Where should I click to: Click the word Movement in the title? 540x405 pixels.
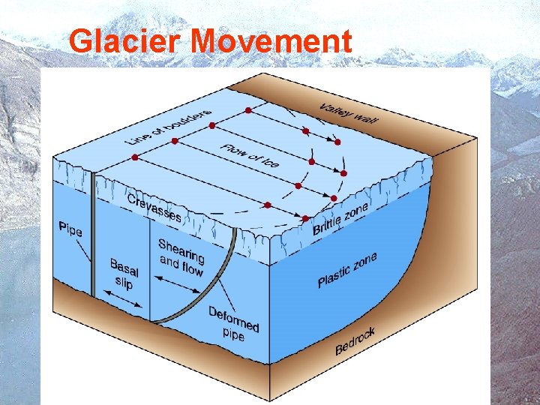[271, 41]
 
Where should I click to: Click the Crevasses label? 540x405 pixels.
[154, 207]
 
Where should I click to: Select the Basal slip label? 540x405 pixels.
[124, 274]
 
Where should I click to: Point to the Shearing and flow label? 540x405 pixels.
[181, 255]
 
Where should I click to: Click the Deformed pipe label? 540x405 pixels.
[233, 323]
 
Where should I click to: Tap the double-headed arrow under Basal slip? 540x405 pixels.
[124, 299]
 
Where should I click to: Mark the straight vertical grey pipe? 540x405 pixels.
[93, 240]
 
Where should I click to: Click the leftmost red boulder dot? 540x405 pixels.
[135, 157]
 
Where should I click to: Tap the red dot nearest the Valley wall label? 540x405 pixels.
[337, 142]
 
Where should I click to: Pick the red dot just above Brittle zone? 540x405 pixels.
[305, 218]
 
